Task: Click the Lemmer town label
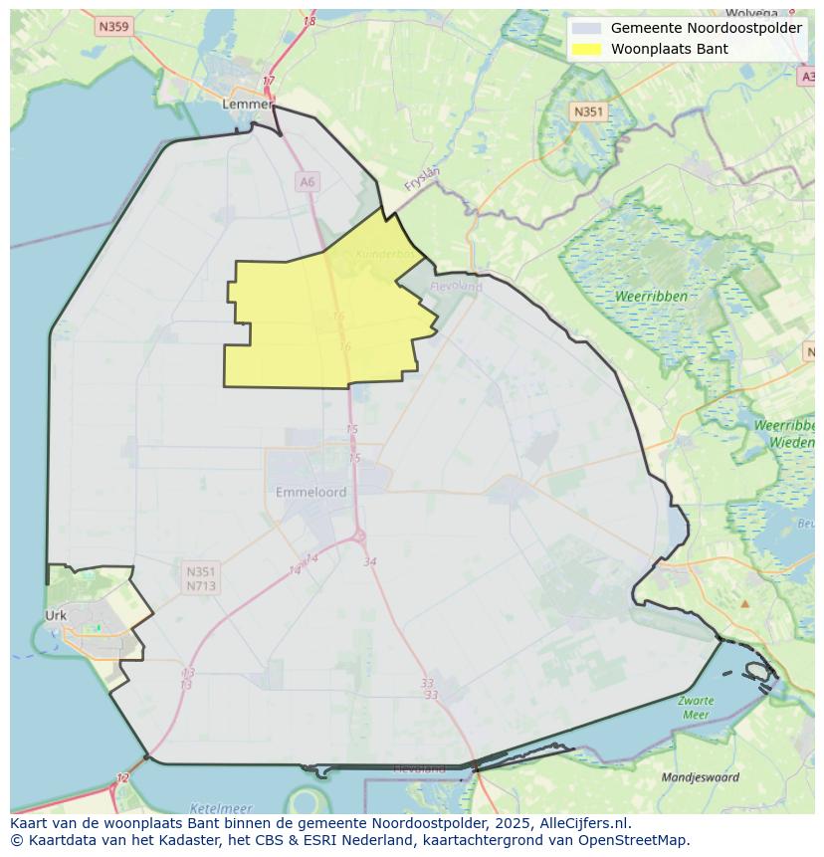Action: (247, 104)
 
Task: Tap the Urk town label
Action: (56, 615)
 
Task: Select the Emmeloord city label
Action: (310, 492)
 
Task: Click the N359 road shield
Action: (113, 27)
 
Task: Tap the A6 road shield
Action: (307, 181)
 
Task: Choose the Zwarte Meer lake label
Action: (696, 708)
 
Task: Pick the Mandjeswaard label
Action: (701, 777)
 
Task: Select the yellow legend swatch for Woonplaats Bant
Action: (587, 49)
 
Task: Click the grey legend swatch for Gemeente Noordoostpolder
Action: (587, 28)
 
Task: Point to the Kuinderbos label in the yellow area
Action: (384, 254)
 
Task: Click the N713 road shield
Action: (200, 586)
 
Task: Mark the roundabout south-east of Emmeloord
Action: (359, 536)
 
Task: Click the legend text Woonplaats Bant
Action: (669, 49)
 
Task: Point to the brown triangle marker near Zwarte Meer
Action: (744, 603)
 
